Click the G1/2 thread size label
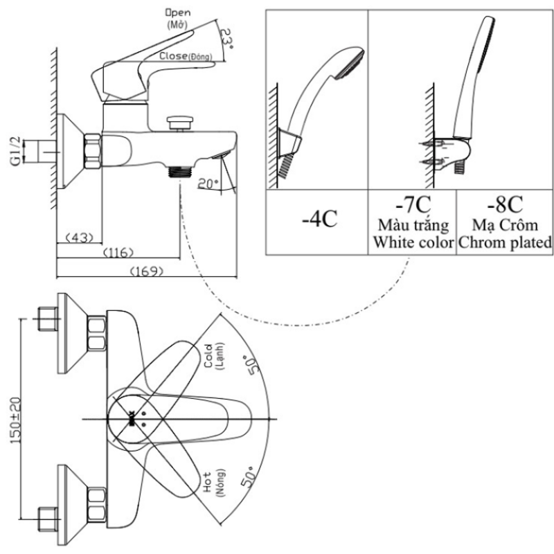point(15,151)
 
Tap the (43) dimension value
point(79,238)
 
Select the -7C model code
point(412,206)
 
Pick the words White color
point(413,243)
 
